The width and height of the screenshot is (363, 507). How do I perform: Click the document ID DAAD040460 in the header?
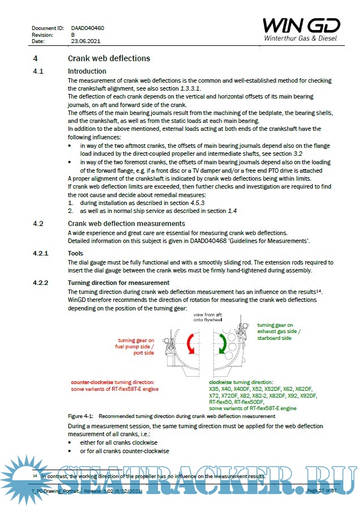tap(87, 28)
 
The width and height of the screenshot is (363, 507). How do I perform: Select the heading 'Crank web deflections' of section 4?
tap(109, 58)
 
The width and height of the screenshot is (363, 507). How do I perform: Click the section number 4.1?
tap(39, 71)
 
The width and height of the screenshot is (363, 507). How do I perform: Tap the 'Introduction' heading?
tap(87, 71)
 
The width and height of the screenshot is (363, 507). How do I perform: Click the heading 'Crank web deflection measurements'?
tap(126, 224)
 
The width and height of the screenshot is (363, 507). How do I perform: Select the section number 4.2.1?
tap(41, 254)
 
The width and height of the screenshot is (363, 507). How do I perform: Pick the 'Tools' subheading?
tap(75, 254)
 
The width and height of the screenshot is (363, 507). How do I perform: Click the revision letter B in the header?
tap(73, 35)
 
